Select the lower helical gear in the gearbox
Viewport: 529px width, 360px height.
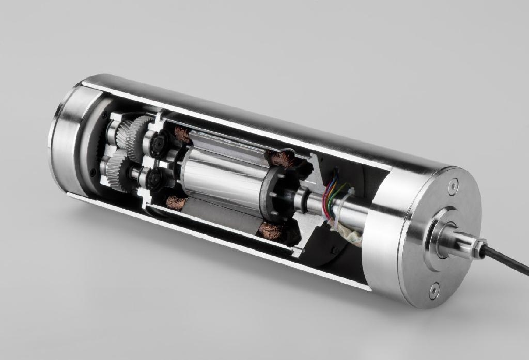click(117, 171)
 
